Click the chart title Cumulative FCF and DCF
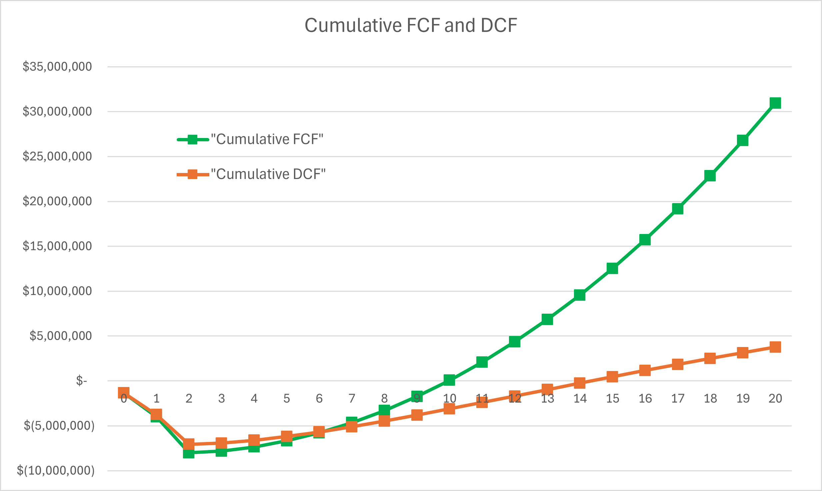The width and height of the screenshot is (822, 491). (411, 25)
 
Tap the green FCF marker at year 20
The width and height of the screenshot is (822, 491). (775, 103)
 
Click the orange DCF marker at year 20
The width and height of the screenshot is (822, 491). (775, 347)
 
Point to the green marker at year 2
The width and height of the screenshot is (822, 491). (189, 453)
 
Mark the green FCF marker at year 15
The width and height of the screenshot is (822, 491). (612, 268)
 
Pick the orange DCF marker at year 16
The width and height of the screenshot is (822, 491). (645, 370)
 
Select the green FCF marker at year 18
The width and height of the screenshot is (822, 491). (710, 176)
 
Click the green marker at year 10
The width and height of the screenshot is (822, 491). (449, 380)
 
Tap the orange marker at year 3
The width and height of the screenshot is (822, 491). (221, 443)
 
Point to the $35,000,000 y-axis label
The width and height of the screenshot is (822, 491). (57, 67)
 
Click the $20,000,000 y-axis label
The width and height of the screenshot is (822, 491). (57, 201)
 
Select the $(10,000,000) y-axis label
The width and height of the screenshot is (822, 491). (56, 471)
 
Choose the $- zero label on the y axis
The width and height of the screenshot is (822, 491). (82, 381)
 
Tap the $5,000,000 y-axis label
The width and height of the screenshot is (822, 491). (60, 336)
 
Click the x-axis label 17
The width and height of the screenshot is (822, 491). (678, 399)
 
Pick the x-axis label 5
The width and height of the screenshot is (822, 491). (287, 399)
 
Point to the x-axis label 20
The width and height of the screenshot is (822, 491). (775, 399)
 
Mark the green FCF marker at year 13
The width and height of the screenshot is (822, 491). (547, 319)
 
